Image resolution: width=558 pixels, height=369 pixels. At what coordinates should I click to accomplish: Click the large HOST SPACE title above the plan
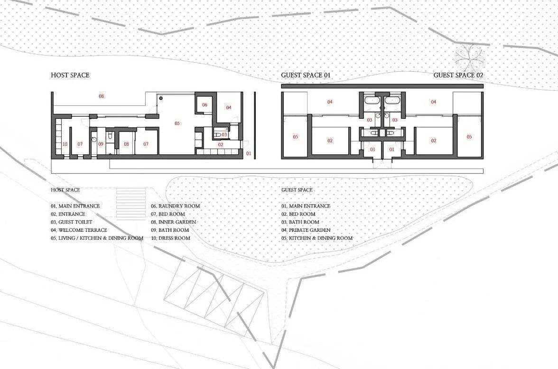(x=70, y=75)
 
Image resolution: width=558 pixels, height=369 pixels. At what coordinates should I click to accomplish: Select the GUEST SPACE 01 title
(x=306, y=75)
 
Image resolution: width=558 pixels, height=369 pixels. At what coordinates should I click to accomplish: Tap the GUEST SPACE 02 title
(x=458, y=75)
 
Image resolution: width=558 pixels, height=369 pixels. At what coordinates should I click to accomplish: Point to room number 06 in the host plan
(x=205, y=105)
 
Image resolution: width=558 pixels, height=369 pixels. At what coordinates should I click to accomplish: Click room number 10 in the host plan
(x=65, y=144)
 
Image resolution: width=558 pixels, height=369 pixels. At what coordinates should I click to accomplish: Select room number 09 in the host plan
(x=101, y=144)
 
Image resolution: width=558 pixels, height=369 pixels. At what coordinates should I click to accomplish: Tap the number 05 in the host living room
(x=177, y=123)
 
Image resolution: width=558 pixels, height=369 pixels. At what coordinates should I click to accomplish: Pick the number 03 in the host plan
(x=224, y=134)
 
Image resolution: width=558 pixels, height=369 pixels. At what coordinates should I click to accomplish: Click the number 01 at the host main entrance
(x=249, y=153)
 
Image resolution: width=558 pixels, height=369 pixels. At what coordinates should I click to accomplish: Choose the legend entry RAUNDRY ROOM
(x=175, y=206)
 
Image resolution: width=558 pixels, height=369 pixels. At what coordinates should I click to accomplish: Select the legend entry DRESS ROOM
(x=170, y=238)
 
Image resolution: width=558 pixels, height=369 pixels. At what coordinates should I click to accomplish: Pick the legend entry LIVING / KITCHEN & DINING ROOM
(x=97, y=238)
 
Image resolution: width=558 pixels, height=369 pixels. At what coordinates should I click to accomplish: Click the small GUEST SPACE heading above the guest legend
(x=297, y=190)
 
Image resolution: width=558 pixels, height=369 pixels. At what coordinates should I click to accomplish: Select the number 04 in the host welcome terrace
(x=228, y=107)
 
